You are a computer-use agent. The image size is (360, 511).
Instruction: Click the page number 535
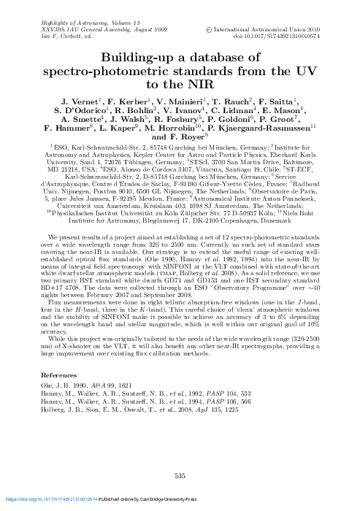[180, 477]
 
